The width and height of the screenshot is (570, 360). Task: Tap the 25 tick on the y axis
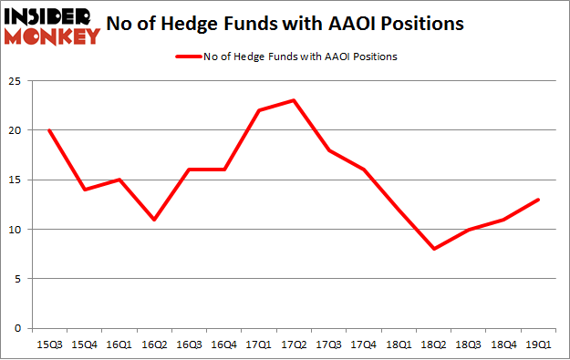point(16,81)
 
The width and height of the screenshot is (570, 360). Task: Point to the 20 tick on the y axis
point(16,130)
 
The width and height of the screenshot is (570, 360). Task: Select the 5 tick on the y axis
point(18,279)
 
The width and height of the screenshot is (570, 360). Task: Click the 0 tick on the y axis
point(18,328)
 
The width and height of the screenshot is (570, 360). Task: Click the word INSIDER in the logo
point(51,15)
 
